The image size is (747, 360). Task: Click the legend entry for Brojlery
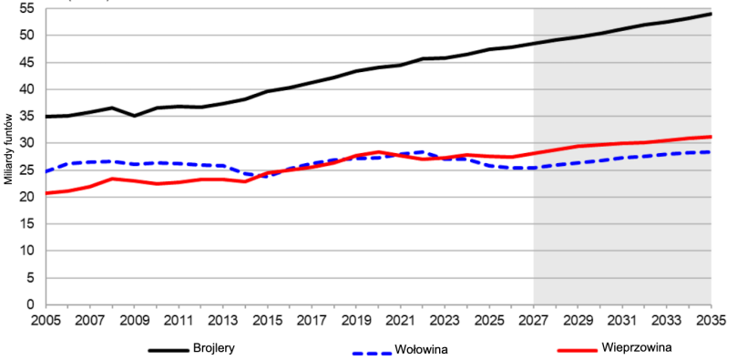[x=212, y=348]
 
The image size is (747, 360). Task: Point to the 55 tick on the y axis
[x=26, y=8]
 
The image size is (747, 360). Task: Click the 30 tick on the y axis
[x=26, y=143]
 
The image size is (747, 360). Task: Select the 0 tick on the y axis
[x=30, y=304]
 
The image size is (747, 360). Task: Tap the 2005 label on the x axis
[x=45, y=321]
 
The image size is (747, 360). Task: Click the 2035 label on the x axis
[x=711, y=321]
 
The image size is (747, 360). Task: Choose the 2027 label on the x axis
[x=533, y=321]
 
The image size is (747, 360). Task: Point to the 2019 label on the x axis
[x=355, y=321]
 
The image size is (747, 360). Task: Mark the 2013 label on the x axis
[x=222, y=321]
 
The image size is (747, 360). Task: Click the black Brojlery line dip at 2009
[x=134, y=116]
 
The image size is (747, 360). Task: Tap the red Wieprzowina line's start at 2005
[x=46, y=193]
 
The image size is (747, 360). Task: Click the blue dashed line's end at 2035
[x=711, y=152]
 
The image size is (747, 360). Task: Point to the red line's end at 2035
[x=711, y=137]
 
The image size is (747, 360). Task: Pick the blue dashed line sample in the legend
[x=373, y=350]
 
